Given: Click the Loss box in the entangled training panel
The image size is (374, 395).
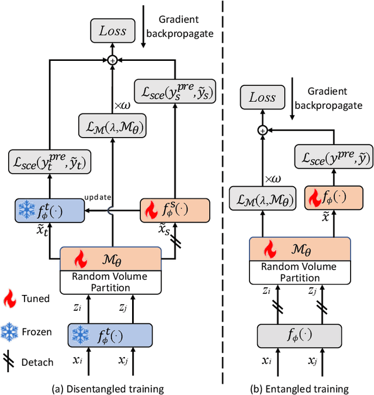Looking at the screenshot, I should click(262, 98).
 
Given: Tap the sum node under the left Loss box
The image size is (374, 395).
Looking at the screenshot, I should click(113, 59).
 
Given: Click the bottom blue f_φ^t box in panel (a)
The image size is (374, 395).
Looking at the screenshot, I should click(110, 336).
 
